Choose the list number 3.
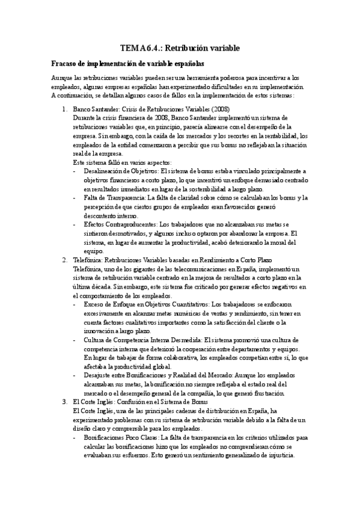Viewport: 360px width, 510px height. pyautogui.click(x=64, y=401)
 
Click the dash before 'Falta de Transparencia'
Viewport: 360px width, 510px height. pyautogui.click(x=74, y=198)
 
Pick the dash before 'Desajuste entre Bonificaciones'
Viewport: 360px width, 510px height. pyautogui.click(x=74, y=375)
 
